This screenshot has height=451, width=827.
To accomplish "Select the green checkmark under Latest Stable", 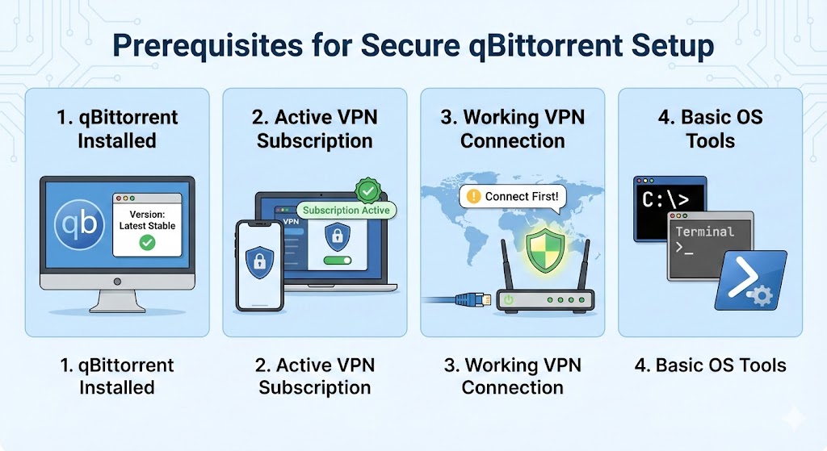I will pos(147,241).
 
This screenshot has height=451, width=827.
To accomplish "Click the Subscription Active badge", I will pos(346,210).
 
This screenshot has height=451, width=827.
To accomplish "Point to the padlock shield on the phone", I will pos(258,261).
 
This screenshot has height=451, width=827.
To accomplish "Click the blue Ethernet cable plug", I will pos(468,300).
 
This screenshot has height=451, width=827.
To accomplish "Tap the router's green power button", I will pos(509,300).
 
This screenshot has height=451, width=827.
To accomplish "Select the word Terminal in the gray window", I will pos(705,232).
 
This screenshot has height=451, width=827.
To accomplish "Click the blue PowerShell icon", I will pos(750,279).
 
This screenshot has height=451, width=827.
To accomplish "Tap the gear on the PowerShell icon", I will pos(762,296).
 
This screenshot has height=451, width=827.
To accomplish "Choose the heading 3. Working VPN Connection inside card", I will pos(512,128).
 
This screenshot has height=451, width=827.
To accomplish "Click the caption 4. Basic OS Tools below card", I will pos(710,365).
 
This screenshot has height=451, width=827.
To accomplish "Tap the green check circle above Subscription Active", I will pos(368,191).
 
